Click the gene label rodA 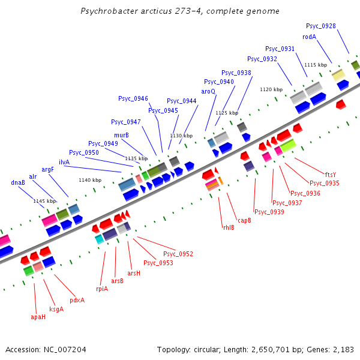pos(309,37)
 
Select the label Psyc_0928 pos(320,26)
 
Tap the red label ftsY pos(331,174)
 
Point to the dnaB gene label pos(18,182)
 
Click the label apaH pos(38,316)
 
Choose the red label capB pos(244,220)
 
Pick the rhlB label pos(229,227)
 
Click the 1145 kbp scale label pos(44,201)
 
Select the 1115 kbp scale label pos(316,65)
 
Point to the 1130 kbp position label pos(181,136)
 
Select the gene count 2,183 pos(341,349)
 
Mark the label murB pos(121,135)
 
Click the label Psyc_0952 pos(178,254)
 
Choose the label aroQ pos(208,91)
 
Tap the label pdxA pos(77,300)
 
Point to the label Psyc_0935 pos(324,183)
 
